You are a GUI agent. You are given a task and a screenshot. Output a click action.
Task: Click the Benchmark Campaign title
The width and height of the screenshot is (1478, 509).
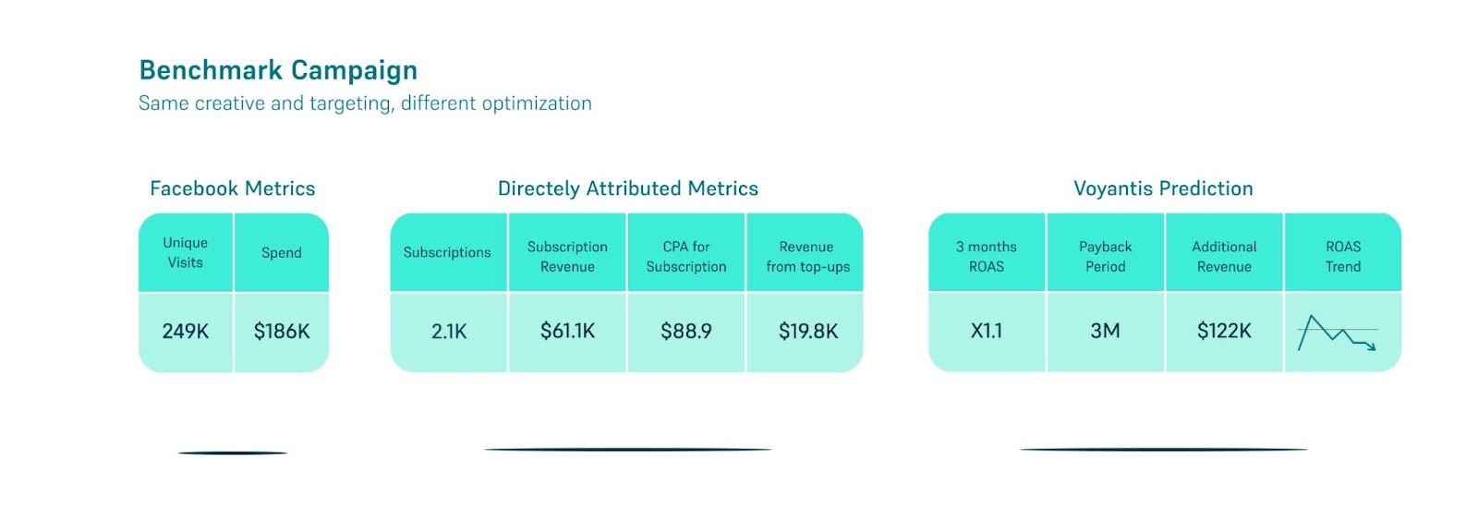(x=278, y=70)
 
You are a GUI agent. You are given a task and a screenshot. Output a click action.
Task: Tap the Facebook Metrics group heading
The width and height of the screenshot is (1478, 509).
(x=232, y=188)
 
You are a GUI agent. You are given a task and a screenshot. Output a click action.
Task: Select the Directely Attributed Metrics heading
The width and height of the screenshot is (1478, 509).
(x=627, y=188)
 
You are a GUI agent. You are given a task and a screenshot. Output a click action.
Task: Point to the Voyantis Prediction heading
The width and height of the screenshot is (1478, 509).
(x=1163, y=188)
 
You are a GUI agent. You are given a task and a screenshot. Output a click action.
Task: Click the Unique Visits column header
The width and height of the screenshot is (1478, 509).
(x=186, y=252)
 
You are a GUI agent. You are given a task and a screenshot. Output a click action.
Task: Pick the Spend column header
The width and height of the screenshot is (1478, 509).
(x=281, y=253)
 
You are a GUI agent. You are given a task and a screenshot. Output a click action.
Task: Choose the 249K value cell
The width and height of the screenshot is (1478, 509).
(x=186, y=331)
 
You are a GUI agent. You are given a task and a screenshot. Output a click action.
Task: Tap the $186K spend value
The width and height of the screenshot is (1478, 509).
(x=281, y=331)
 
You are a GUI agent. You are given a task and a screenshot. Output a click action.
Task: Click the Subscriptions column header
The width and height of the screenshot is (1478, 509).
(x=447, y=253)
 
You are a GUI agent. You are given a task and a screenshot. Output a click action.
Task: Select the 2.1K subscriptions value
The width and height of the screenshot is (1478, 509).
(x=449, y=331)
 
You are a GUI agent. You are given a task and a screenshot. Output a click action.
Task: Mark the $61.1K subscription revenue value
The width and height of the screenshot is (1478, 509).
(x=567, y=331)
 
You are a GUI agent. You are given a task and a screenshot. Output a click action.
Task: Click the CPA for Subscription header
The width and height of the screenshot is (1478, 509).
(x=686, y=256)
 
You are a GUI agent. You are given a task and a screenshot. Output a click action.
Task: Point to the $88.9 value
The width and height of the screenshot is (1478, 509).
(x=686, y=331)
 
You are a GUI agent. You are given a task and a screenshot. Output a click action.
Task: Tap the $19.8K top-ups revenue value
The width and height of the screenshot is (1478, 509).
(x=808, y=331)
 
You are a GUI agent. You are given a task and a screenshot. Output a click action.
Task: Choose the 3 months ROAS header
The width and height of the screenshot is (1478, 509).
(x=987, y=256)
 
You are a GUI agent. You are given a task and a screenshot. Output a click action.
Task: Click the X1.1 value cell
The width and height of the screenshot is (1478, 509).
(x=987, y=331)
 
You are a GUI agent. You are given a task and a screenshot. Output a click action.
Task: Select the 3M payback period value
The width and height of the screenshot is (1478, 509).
(x=1105, y=331)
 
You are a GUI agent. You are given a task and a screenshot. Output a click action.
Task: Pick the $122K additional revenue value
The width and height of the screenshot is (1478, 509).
(x=1224, y=331)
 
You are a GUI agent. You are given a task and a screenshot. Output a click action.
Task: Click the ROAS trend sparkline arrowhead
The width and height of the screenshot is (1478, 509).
(x=1373, y=347)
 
